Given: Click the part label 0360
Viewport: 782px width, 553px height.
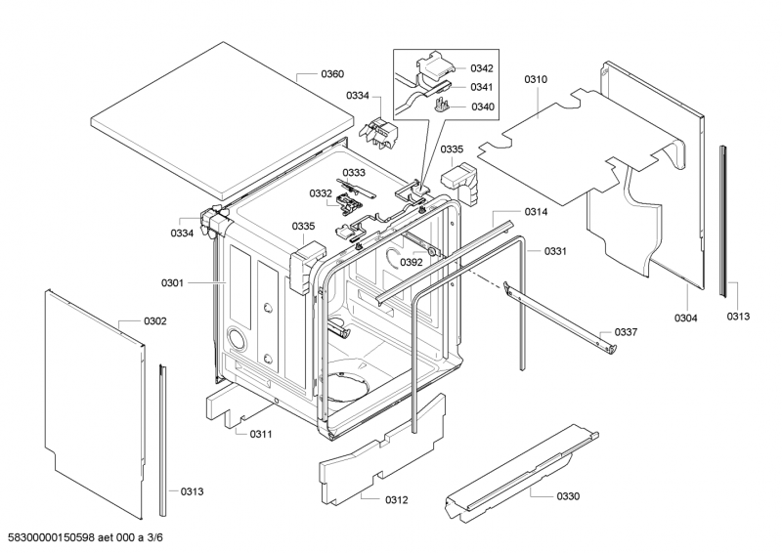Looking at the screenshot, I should (333, 74).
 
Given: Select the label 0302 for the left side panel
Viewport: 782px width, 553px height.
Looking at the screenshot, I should (155, 321).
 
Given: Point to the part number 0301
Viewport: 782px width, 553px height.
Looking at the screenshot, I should (172, 282).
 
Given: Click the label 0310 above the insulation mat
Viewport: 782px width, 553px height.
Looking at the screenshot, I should (536, 79).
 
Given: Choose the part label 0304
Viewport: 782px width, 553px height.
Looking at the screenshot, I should (686, 318).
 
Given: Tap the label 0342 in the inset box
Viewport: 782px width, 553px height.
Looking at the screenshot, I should (481, 68).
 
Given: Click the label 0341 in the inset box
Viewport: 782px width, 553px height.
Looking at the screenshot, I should (481, 87).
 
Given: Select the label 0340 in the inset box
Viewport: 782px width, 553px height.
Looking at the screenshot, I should (481, 106).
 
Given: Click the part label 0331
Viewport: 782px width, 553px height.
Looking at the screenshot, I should (555, 251).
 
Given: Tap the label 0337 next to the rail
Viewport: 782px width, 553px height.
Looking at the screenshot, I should (626, 332).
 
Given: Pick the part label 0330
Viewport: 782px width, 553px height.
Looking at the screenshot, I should (568, 496).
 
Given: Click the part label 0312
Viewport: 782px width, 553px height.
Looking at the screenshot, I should (396, 500).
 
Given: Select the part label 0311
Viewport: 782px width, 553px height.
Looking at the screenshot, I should (260, 434).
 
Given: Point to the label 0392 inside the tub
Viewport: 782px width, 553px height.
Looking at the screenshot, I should (411, 262).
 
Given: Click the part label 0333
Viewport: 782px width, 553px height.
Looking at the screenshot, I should (353, 173).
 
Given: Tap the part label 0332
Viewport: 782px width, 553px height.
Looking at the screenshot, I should (321, 193).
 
